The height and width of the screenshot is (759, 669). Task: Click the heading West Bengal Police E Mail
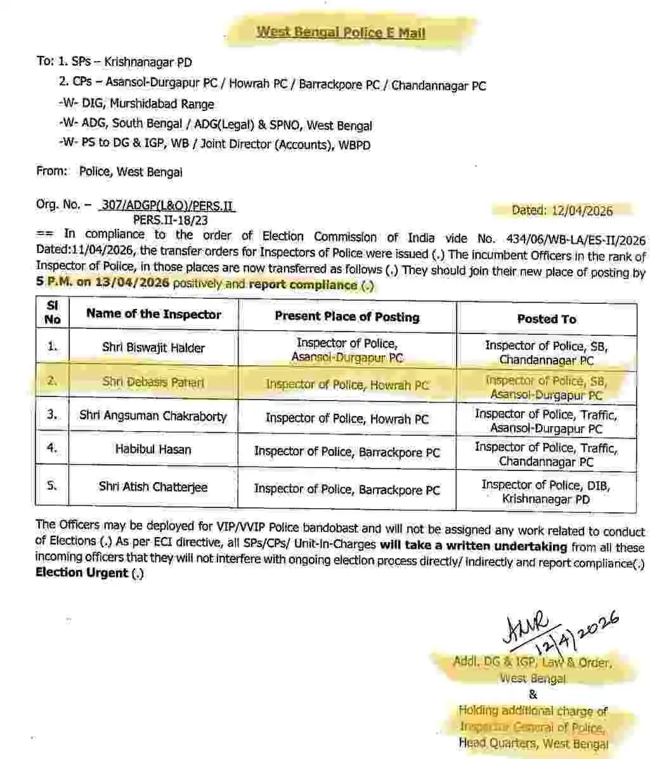pos(341,33)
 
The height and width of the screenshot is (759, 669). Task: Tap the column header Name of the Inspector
pos(153,314)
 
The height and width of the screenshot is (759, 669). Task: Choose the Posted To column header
pos(546,319)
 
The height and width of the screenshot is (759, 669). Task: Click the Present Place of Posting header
pos(347,316)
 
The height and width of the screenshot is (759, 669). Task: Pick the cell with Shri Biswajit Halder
pos(153,347)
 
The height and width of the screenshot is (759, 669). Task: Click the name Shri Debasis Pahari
pos(153,382)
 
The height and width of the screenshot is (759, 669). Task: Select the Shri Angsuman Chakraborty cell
pos(153,416)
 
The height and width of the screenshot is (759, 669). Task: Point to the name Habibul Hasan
pos(153,450)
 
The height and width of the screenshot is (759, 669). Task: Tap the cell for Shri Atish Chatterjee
pos(153,487)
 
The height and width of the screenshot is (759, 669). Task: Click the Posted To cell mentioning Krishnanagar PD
pos(545,492)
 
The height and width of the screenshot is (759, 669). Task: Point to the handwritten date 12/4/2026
pos(577,634)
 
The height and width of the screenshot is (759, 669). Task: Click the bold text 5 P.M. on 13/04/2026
pos(103,283)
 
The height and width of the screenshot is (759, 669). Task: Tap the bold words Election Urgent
pos(82,573)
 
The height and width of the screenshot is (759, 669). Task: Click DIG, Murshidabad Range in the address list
pos(162,104)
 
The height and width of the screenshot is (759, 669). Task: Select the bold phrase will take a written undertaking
pos(473,546)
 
